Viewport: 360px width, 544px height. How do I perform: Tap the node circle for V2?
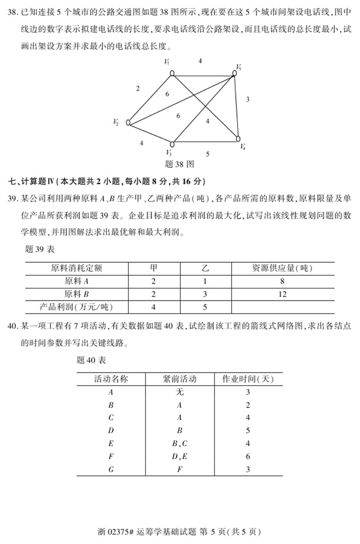tap(129, 122)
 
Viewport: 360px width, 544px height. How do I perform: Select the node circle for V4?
tap(238, 138)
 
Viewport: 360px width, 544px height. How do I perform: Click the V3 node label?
tap(169, 153)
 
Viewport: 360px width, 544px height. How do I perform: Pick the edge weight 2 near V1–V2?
tap(138, 89)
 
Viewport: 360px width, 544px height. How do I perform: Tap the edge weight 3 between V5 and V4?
tap(247, 99)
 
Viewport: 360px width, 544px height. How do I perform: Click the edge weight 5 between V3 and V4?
tap(207, 154)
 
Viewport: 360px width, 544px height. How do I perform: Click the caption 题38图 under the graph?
tap(179, 164)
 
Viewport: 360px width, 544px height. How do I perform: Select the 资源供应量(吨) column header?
tap(282, 267)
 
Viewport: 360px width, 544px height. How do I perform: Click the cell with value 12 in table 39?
tap(282, 294)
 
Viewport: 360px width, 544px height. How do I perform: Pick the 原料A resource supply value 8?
tap(282, 281)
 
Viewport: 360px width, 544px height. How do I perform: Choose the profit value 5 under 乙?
tap(205, 307)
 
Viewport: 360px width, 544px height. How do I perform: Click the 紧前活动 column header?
tap(179, 379)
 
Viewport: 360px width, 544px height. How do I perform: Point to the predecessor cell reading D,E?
tap(179, 457)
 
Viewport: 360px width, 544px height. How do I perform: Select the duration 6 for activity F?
tap(248, 457)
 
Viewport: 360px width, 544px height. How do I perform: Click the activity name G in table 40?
tap(111, 469)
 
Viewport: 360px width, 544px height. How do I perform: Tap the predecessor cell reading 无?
tap(179, 392)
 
